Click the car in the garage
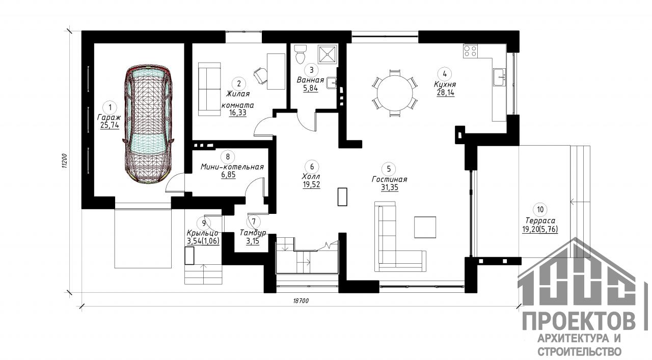click(148, 124)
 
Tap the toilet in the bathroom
click(300, 54)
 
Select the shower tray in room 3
click(328, 54)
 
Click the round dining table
click(395, 93)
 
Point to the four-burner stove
click(470, 51)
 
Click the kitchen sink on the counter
click(500, 77)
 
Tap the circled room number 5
click(389, 169)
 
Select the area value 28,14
click(445, 93)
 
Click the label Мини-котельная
click(232, 167)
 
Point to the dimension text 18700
click(301, 301)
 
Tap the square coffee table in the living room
click(425, 227)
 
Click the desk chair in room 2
click(260, 75)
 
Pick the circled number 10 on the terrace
click(540, 210)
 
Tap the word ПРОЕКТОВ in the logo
click(579, 322)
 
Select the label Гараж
click(109, 117)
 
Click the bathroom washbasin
click(332, 82)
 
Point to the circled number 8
click(228, 157)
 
